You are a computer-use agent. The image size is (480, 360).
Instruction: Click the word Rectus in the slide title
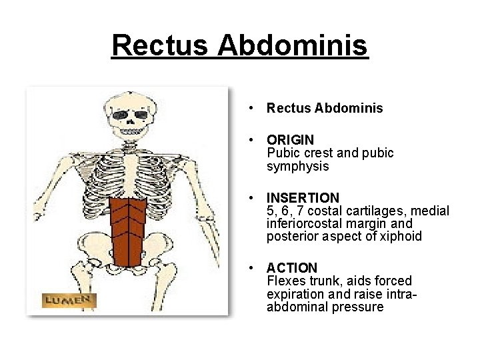[162, 46]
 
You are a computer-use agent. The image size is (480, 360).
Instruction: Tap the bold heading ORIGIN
[290, 140]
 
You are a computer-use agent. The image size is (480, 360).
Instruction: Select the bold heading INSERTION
[303, 198]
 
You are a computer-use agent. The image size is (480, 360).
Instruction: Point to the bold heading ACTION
[292, 268]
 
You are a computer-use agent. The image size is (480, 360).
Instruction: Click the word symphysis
[297, 166]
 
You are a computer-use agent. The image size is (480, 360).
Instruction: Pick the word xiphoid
[402, 236]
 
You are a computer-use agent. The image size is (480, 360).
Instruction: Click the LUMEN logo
[69, 300]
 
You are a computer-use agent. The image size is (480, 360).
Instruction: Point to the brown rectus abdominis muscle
[128, 230]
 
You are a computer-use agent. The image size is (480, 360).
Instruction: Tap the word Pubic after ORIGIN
[283, 153]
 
